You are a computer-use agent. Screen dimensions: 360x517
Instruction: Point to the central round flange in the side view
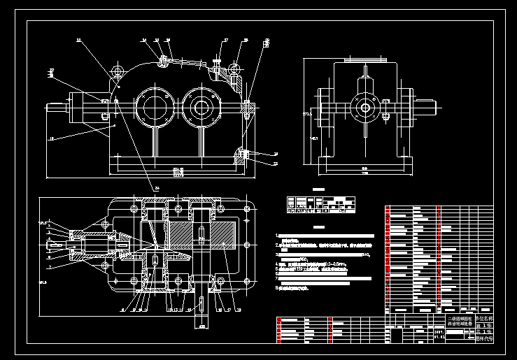pos(364,108)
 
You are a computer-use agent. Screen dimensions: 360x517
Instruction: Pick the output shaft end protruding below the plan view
pos(201,305)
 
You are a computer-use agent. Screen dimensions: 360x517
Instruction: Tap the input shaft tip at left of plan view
pos(52,244)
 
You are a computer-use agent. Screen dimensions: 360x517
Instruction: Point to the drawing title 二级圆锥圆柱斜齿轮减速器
pos(460,321)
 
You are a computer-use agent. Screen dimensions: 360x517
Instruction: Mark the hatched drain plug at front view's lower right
pos(241,154)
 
